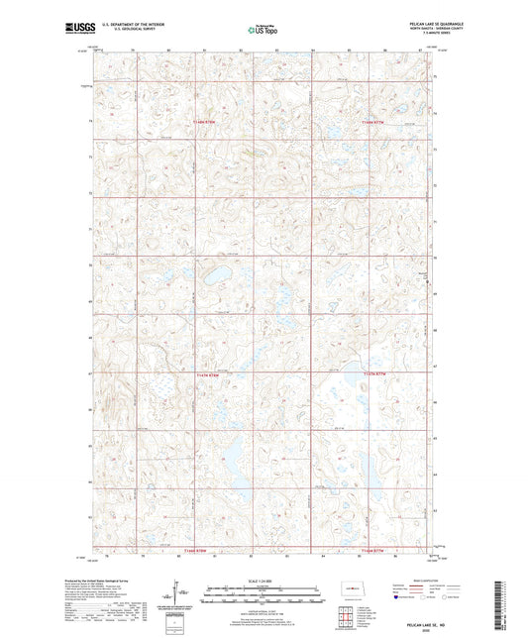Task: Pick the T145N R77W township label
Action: click(x=377, y=373)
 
